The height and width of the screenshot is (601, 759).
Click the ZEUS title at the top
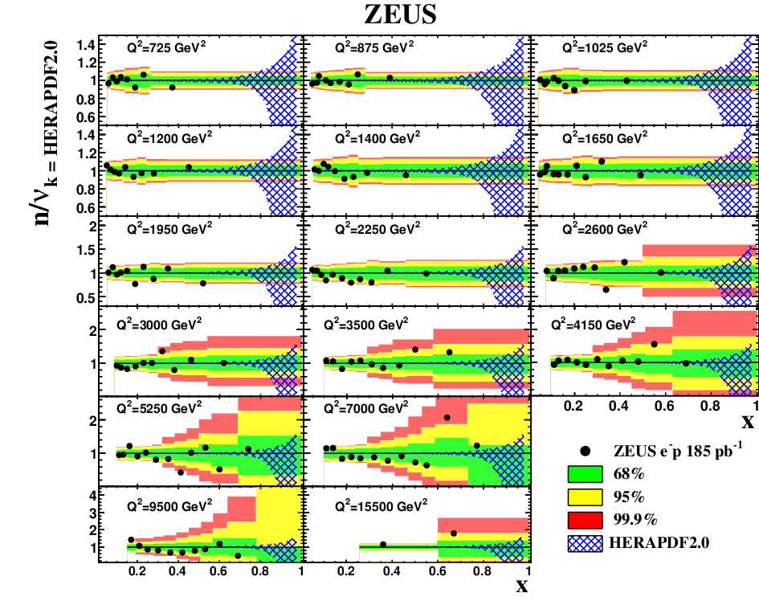[x=400, y=14]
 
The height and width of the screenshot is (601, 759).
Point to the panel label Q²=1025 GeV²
[x=605, y=47]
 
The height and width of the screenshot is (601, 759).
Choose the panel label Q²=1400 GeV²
[x=377, y=138]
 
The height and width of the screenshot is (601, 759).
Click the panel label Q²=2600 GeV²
[x=605, y=228]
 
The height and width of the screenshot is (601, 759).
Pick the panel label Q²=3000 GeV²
[x=159, y=324]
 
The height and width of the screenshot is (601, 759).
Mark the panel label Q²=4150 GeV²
[x=594, y=324]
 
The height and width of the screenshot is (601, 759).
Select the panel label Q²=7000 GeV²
[x=366, y=408]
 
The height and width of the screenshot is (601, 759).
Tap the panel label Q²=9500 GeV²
[x=169, y=506]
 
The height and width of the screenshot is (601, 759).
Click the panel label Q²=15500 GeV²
[x=381, y=506]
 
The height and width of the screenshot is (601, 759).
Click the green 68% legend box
[x=586, y=474]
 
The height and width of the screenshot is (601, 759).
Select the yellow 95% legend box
[x=586, y=497]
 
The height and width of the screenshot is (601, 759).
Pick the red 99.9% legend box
[x=586, y=520]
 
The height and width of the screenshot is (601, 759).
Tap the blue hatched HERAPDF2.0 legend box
[x=586, y=543]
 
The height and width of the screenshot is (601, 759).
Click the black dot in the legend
[x=586, y=452]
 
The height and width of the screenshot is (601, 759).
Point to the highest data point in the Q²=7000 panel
[x=447, y=418]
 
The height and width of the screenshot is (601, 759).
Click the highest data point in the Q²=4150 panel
[x=654, y=345]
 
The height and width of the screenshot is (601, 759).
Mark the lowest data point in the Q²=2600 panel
[x=606, y=289]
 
